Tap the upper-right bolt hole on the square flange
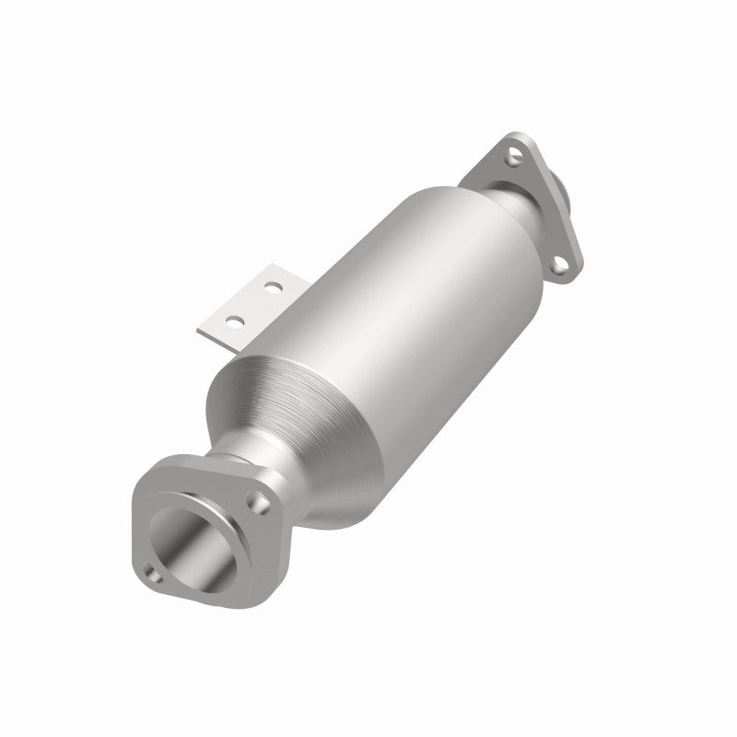[x=261, y=503]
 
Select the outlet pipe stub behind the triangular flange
[x=563, y=194]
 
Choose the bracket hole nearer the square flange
[x=235, y=322]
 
